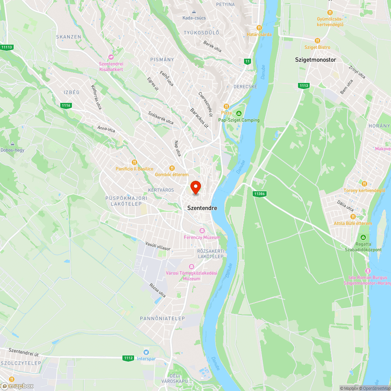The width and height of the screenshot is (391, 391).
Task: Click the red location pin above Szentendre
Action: coord(195,187)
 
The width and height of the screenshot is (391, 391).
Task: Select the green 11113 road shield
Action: coord(7,47)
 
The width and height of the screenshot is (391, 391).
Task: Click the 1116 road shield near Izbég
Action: coord(66,105)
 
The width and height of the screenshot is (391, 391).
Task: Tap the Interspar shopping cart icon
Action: coord(146,352)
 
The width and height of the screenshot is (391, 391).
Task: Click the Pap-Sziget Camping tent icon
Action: coord(239,113)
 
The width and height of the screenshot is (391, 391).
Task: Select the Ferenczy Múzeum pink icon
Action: coord(202,231)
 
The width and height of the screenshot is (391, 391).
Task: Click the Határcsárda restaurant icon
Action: coord(259,28)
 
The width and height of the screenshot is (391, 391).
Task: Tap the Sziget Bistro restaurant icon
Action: coord(317,40)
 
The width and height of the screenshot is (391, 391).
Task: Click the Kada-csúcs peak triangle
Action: coord(194,11)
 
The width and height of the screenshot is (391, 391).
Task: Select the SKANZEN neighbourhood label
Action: coord(68,37)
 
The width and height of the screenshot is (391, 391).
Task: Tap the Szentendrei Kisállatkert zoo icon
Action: coord(111,57)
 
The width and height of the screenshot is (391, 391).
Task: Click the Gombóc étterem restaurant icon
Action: coord(172,168)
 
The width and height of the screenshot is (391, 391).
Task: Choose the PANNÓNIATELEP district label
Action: coord(162,319)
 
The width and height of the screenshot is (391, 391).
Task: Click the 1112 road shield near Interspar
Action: coord(128,358)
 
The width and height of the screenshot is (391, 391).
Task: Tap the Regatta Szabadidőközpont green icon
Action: coord(363,237)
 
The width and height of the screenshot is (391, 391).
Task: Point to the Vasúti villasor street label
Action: coord(158,246)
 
